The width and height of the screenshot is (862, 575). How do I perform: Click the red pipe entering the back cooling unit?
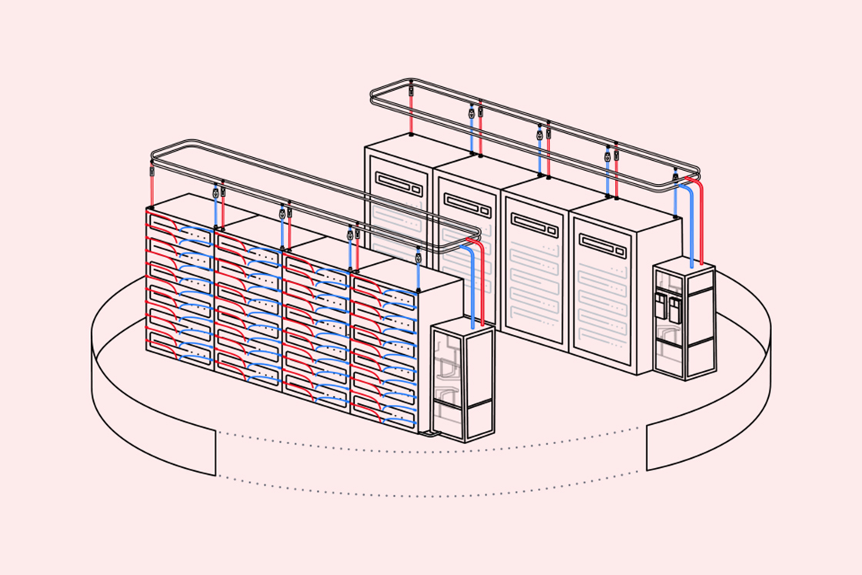(701, 223)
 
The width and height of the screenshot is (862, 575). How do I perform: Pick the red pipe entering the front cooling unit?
(483, 285)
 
